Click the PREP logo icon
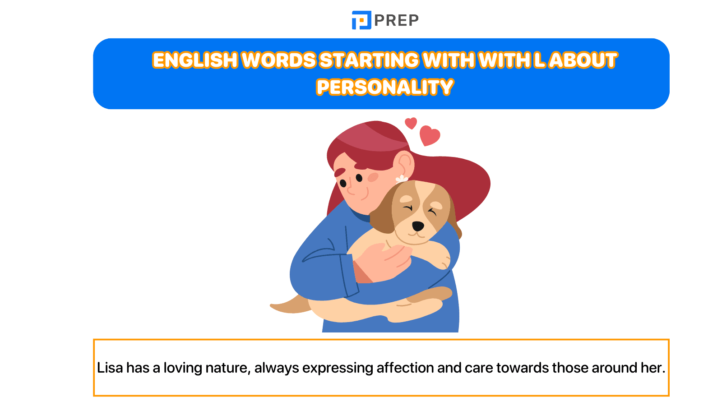coord(361,20)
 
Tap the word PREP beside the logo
coord(396,20)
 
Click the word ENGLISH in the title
coord(195,60)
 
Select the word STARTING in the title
coord(369,60)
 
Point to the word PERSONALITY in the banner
coord(384,87)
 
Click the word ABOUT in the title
coord(583,60)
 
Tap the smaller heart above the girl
coord(411,123)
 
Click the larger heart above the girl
coord(429,135)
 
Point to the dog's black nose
coord(418,226)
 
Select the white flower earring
coord(401,179)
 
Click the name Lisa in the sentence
coord(110,368)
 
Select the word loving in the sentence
coord(183,368)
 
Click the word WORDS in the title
coord(279,60)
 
